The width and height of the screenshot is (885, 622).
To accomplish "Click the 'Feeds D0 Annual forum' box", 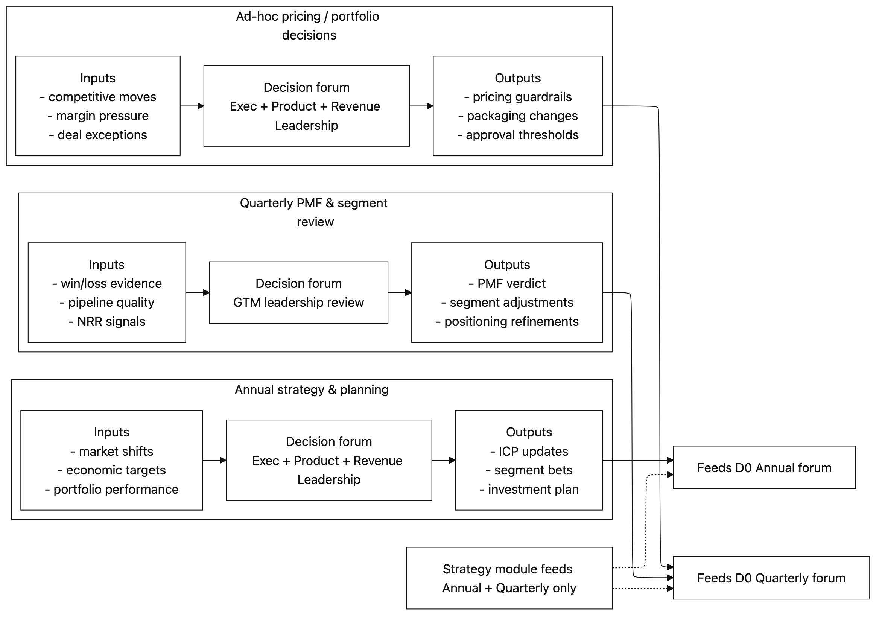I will (764, 467).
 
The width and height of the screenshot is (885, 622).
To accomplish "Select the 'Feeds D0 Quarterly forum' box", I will (771, 578).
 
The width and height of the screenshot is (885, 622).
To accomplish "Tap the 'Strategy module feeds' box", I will (509, 578).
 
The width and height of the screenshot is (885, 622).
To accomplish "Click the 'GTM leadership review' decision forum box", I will (298, 293).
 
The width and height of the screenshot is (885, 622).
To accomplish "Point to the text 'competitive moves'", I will (102, 97).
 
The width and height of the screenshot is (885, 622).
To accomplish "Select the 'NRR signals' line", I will (111, 321).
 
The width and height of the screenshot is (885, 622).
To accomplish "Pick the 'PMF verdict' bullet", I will (511, 284).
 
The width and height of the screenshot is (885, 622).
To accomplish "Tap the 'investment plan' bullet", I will (533, 489).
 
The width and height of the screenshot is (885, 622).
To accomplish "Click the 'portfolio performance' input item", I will (116, 489).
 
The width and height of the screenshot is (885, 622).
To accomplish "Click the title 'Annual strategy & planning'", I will (312, 389).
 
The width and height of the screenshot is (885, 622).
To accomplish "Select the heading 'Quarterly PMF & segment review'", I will (313, 212).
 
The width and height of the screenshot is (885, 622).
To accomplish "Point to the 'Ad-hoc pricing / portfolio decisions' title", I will (307, 26).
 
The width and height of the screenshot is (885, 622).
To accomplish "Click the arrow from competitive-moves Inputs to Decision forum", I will (192, 106).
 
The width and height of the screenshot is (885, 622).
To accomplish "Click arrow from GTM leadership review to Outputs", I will (399, 293).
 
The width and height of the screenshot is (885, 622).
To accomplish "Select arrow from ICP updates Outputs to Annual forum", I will (638, 460).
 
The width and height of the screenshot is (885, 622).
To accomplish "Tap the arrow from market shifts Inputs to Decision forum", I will (214, 460).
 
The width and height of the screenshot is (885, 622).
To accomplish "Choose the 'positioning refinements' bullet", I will (511, 321).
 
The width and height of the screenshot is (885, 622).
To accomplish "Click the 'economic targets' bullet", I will (116, 470).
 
